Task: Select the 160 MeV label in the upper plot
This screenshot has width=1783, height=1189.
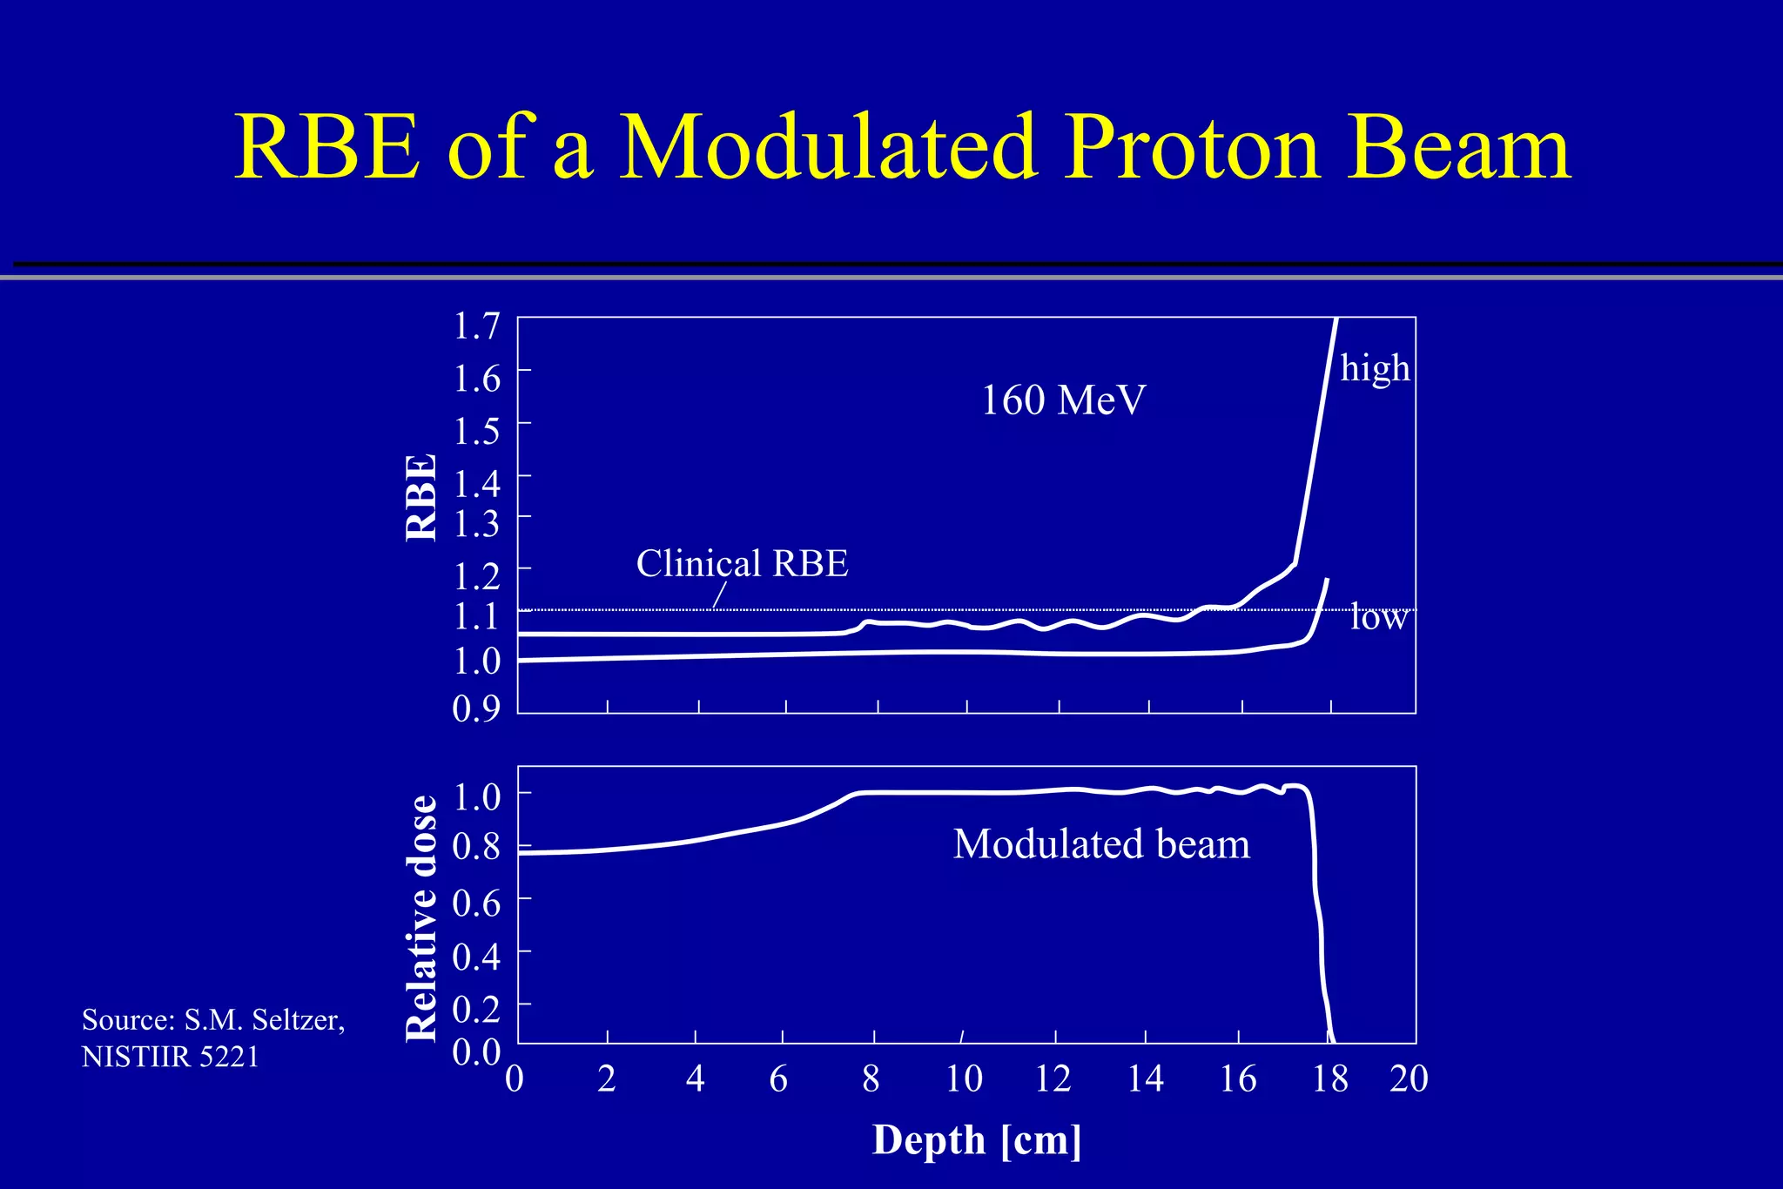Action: tap(1063, 400)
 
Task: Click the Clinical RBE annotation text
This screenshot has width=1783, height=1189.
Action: tap(742, 563)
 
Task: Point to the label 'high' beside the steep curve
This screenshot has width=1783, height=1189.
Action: tap(1375, 367)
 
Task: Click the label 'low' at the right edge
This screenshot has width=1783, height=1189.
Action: tap(1378, 618)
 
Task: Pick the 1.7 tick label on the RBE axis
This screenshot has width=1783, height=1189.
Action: tap(476, 326)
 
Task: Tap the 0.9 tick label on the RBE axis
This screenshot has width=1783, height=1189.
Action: tap(476, 709)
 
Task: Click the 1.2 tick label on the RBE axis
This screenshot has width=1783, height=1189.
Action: tap(476, 575)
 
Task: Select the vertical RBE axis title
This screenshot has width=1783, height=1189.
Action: tap(422, 498)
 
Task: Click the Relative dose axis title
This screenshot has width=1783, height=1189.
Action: tap(422, 918)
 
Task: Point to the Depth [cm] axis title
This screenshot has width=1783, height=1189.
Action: tap(977, 1140)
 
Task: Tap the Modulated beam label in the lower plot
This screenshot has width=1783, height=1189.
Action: tap(1101, 844)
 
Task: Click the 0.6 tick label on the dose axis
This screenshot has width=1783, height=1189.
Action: tap(476, 904)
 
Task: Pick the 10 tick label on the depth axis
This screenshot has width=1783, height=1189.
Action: tap(964, 1079)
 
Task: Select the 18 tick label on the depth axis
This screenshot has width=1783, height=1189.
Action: tap(1330, 1079)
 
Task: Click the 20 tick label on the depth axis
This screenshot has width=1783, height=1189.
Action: tap(1409, 1079)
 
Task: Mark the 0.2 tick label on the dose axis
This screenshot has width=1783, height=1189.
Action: tap(476, 1009)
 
